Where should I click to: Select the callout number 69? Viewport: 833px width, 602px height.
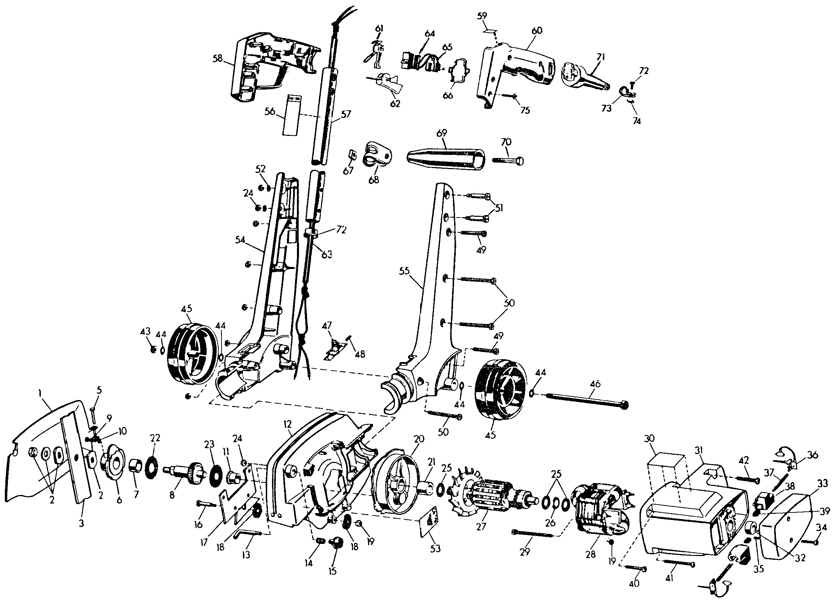point(442,133)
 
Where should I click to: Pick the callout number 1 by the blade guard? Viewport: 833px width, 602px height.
point(40,393)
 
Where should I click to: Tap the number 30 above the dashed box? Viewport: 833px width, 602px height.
point(649,438)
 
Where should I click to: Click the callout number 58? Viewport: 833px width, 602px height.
point(218,59)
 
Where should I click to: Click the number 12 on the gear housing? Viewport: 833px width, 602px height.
point(287,425)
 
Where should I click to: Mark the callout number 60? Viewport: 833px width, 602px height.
point(537,30)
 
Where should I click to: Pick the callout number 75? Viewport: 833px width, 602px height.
point(525,110)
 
